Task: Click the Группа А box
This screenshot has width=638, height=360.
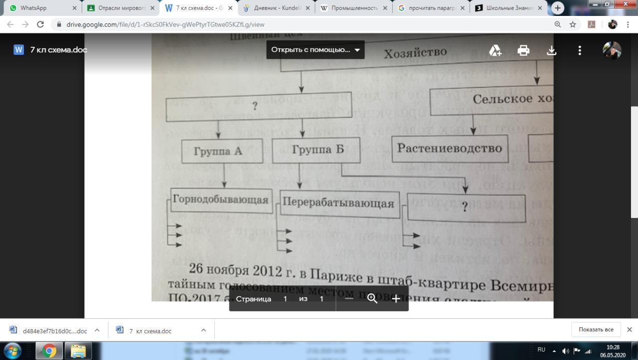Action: coord(222,151)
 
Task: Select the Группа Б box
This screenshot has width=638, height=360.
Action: coord(317,150)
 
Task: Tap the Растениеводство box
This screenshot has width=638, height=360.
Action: coord(450,148)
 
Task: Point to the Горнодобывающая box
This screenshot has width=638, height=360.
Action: coord(221,200)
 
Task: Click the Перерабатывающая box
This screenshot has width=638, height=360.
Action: coord(339,203)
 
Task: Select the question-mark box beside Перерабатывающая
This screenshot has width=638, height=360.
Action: coord(466,208)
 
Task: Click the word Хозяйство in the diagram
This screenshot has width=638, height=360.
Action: coord(415,52)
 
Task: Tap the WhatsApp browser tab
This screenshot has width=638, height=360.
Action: coord(40,8)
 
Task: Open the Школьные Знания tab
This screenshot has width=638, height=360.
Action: coord(508,8)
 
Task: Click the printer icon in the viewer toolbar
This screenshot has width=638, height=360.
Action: coord(523,50)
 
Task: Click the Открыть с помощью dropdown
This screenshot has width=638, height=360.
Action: coord(315,50)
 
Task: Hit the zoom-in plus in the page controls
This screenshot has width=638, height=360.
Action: coord(396,299)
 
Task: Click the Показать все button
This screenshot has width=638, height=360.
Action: coord(596,330)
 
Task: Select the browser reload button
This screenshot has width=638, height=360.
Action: coord(40,24)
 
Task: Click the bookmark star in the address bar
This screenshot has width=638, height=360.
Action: coord(573,24)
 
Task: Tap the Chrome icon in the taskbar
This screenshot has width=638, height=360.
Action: coord(49,351)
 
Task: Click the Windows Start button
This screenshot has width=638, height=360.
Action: coord(12,350)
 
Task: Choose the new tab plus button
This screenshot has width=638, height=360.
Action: coord(558,8)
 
